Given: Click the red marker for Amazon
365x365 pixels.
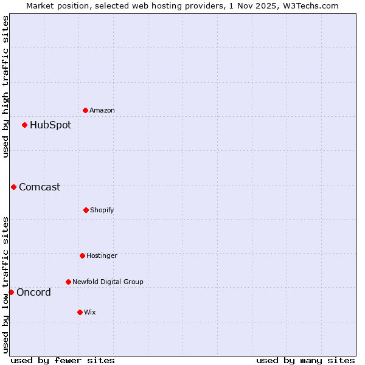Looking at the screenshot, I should click(x=85, y=110).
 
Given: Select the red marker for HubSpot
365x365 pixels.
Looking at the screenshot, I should click(x=24, y=125).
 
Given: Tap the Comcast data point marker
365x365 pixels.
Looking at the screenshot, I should click(x=13, y=187).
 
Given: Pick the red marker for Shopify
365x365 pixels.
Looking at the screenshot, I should click(x=86, y=210).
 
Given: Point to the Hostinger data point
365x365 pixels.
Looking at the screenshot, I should click(x=82, y=255).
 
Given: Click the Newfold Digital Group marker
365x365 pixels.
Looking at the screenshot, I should click(x=68, y=282).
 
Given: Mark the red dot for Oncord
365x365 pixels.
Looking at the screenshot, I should click(x=11, y=292).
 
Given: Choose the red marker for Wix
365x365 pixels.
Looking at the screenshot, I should click(x=80, y=312).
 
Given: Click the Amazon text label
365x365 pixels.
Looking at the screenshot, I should click(x=102, y=110).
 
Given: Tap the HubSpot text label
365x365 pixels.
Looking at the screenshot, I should click(x=50, y=125).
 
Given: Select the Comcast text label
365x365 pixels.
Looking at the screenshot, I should click(x=40, y=187).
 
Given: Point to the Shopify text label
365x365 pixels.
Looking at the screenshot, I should click(x=102, y=210).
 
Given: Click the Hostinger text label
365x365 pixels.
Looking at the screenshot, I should click(x=102, y=255).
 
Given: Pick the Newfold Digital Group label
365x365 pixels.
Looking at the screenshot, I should click(x=108, y=282).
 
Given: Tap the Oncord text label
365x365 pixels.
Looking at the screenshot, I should click(x=33, y=292).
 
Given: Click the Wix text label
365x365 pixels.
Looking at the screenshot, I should click(x=90, y=312).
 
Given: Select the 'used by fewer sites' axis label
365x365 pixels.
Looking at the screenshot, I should click(x=63, y=360).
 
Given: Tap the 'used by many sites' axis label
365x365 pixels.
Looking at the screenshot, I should click(x=305, y=360).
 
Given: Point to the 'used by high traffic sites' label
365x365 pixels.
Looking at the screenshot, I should click(x=5, y=87).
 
